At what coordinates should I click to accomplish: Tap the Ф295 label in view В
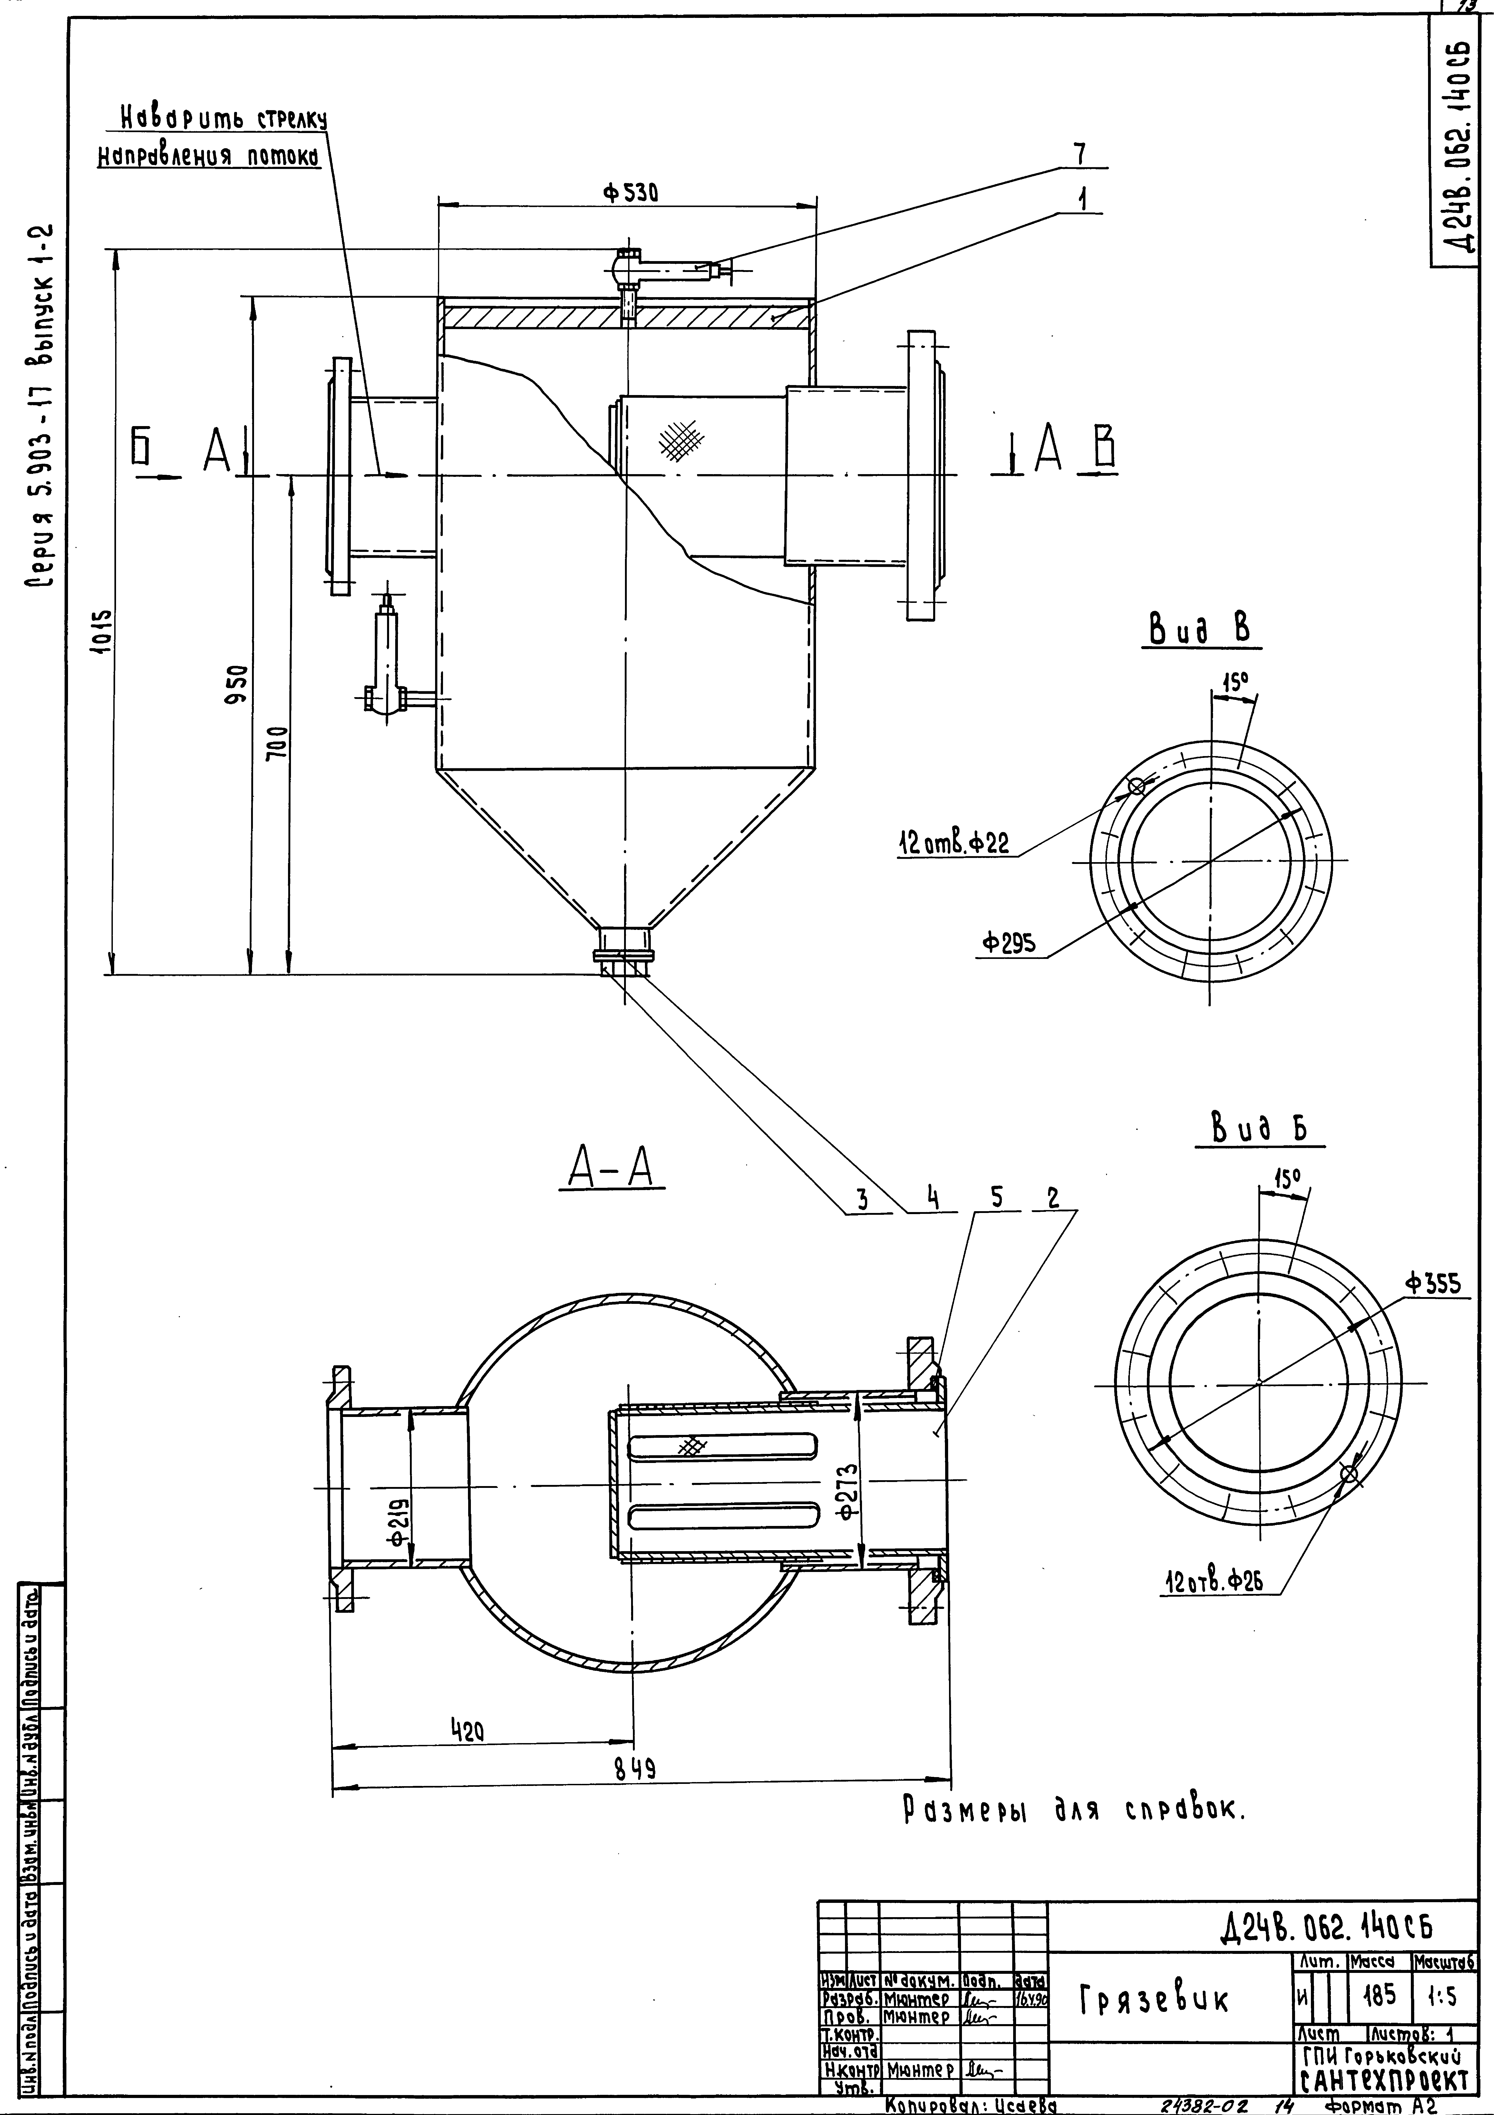[x=1009, y=943]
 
